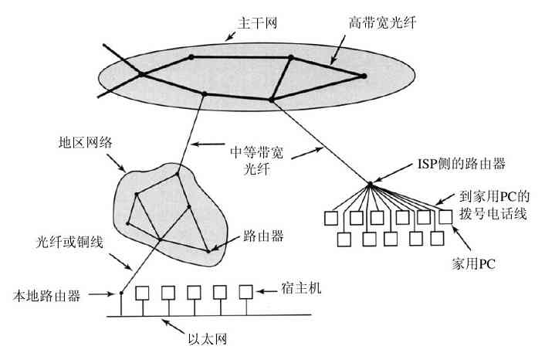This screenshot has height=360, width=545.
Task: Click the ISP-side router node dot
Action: pos(370,184)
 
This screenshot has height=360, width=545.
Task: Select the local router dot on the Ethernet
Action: pos(121,294)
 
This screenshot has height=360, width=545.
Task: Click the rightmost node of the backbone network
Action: pos(364,75)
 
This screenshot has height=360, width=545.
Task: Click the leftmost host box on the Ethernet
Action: pos(142,293)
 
